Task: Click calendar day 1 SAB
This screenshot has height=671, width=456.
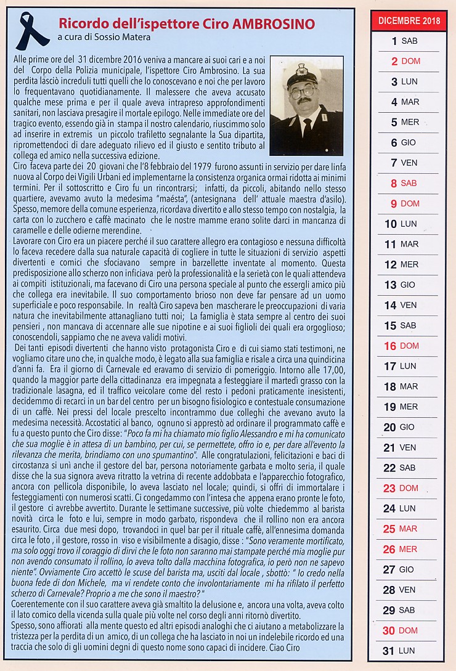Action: [404, 41]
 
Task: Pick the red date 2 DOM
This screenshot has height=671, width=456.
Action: [404, 61]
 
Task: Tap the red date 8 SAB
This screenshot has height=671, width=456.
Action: [404, 183]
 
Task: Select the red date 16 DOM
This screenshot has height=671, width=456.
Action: [404, 346]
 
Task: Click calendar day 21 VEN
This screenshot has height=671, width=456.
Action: [404, 447]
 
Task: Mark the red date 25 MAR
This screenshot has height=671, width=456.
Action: [404, 529]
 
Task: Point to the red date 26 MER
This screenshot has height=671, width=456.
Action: [404, 549]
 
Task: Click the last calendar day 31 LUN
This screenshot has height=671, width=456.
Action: [404, 650]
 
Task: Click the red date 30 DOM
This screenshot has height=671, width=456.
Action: [404, 630]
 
